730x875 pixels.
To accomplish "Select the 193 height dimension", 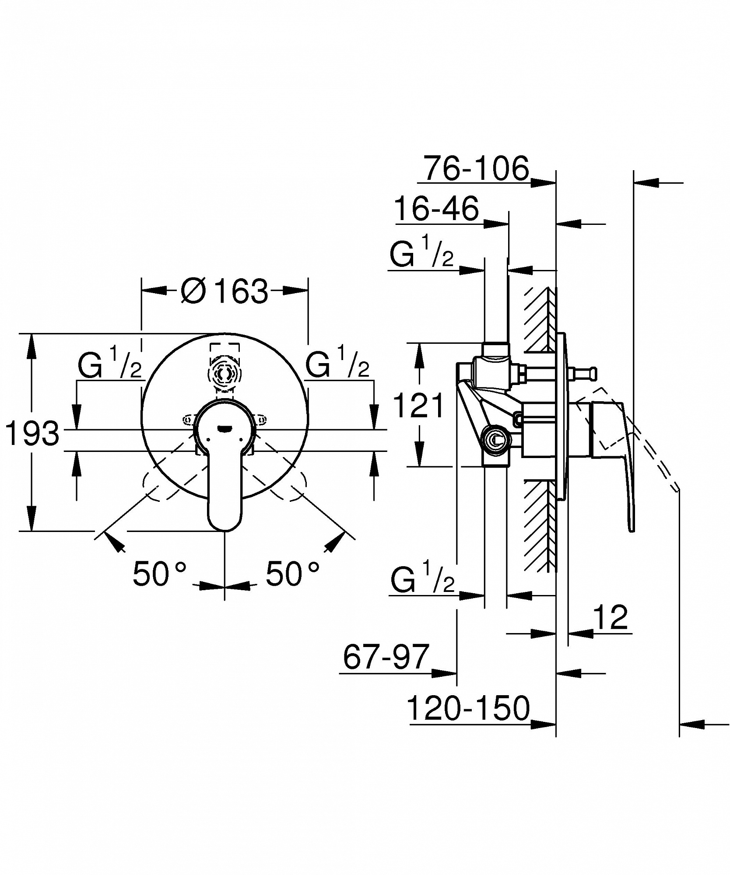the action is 32,434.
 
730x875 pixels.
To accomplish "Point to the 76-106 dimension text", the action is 477,168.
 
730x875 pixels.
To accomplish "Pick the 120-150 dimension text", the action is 468,721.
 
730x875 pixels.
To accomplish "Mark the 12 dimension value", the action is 611,617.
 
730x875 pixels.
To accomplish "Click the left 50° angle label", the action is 160,574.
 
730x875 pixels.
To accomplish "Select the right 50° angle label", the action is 292,574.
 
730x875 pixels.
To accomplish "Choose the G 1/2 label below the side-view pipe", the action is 423,578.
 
